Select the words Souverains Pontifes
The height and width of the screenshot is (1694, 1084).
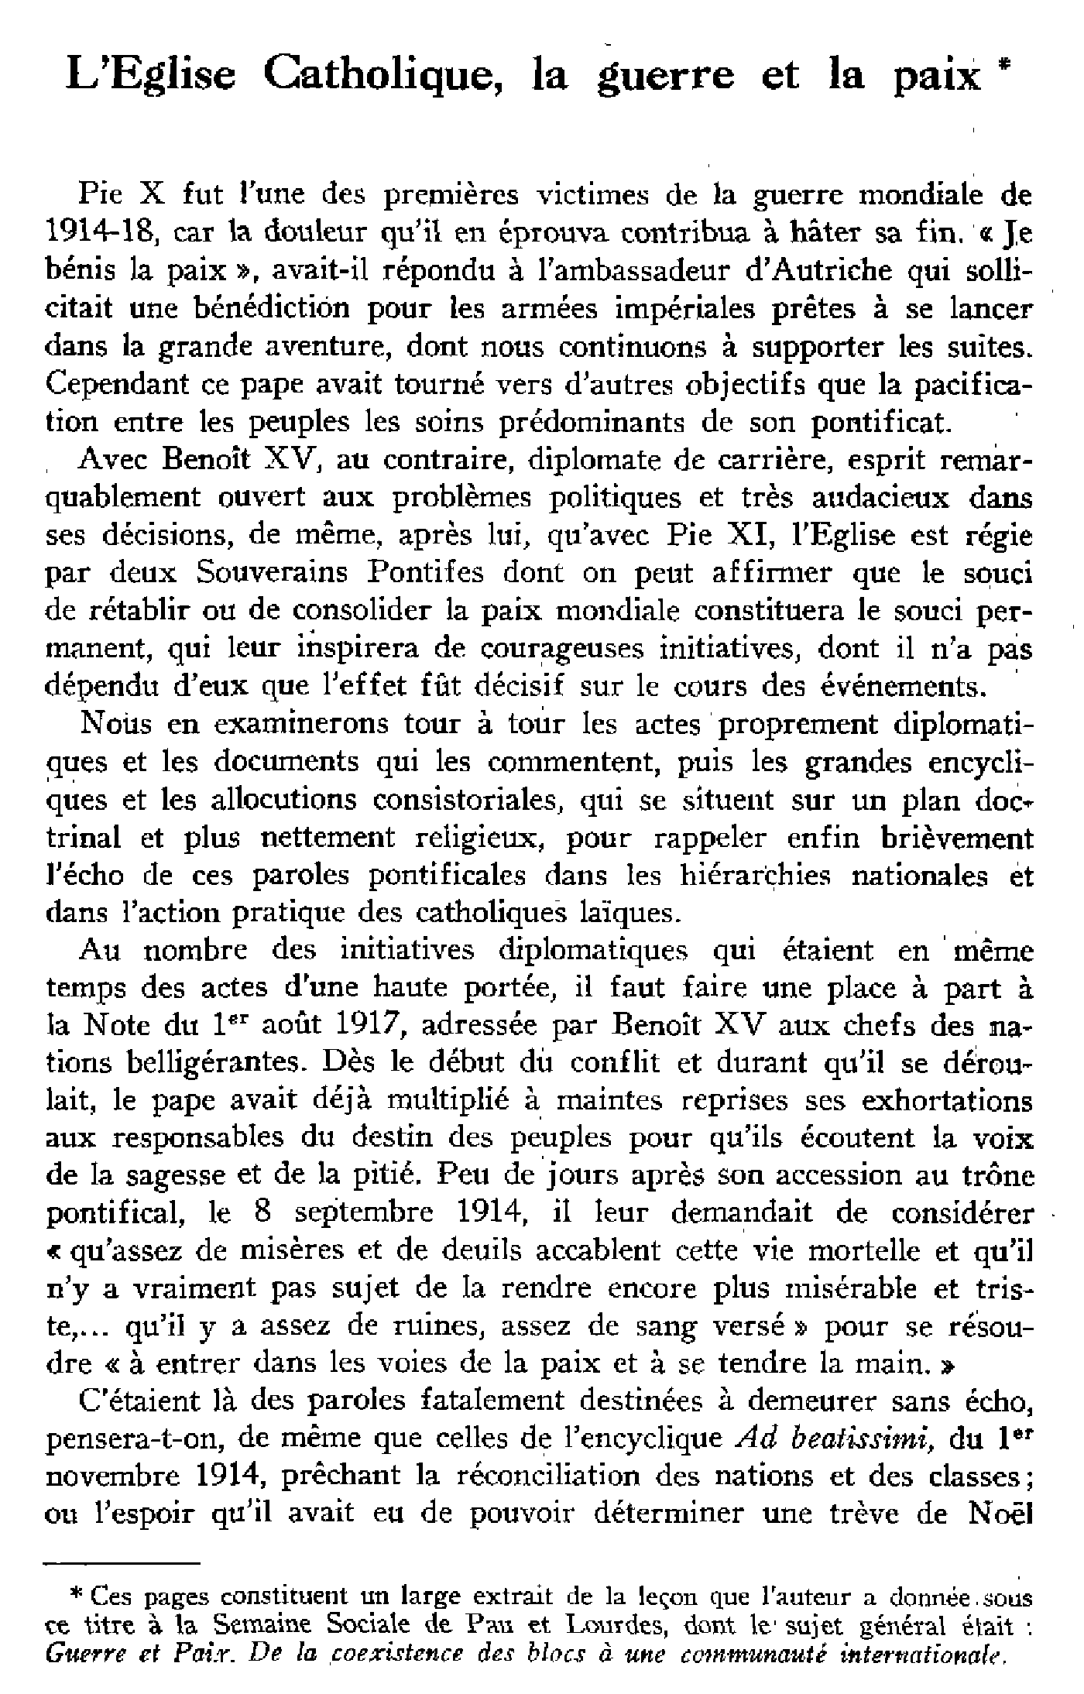pyautogui.click(x=341, y=573)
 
